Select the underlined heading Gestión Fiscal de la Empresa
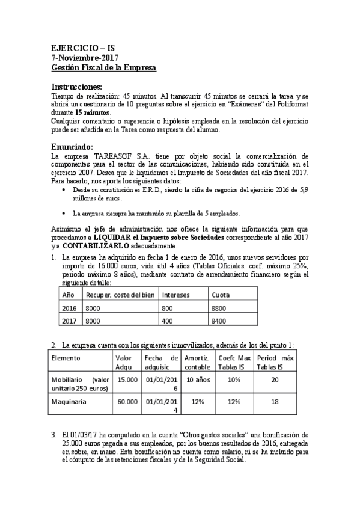pyautogui.click(x=104, y=68)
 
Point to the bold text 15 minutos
pyautogui.click(x=93, y=112)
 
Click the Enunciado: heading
pyautogui.click(x=72, y=146)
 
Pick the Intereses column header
pyautogui.click(x=177, y=295)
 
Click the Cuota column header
pyautogui.click(x=220, y=295)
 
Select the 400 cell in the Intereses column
pyautogui.click(x=168, y=321)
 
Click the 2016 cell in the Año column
pyautogui.click(x=69, y=308)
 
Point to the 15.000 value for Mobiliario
pyautogui.click(x=127, y=379)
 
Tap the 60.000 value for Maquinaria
pyautogui.click(x=127, y=401)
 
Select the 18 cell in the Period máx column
pyautogui.click(x=274, y=401)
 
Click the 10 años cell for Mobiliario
pyautogui.click(x=197, y=379)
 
